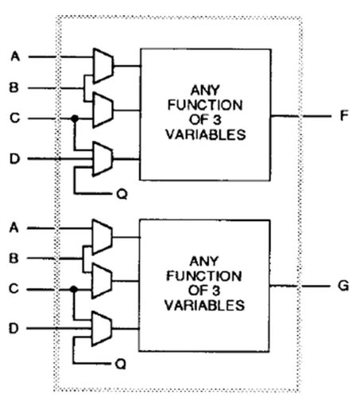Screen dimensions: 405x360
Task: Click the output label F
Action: tap(343, 115)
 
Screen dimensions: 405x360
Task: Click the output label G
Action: tap(343, 284)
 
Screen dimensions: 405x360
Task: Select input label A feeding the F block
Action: tap(15, 56)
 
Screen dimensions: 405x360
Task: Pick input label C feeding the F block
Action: tap(15, 119)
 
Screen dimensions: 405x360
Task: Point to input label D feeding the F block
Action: tap(15, 158)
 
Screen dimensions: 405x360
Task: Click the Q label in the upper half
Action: tap(120, 193)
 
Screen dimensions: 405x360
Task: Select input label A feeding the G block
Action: tap(15, 228)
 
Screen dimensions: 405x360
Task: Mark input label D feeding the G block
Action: tap(15, 328)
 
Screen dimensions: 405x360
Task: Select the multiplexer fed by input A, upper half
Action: tap(103, 66)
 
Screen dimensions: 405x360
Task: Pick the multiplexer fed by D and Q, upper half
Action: tap(103, 158)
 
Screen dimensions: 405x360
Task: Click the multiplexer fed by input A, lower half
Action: tap(103, 236)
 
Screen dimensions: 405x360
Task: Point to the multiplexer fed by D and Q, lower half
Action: tap(103, 328)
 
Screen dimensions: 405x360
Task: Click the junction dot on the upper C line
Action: tap(75, 119)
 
